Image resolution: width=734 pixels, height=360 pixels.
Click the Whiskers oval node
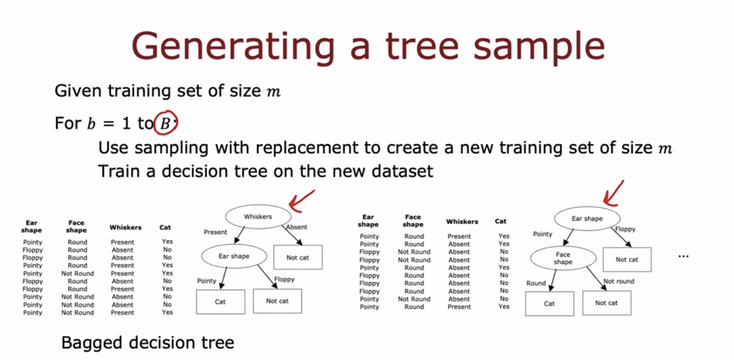click(258, 216)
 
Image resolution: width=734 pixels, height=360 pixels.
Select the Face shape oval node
click(562, 259)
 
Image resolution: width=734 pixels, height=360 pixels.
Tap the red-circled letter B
click(164, 124)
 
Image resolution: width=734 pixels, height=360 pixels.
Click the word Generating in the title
click(233, 47)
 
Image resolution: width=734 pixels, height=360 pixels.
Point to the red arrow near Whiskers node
click(301, 202)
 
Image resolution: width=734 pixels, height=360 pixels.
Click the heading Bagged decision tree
click(148, 342)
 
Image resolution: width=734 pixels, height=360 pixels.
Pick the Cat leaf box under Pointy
click(220, 301)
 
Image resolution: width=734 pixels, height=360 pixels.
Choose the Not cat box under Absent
click(297, 257)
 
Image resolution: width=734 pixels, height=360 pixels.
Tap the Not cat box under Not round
click(606, 303)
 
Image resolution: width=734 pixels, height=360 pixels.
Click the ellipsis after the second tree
click(683, 256)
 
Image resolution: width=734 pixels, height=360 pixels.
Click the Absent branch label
click(297, 227)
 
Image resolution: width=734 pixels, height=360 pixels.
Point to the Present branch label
click(216, 232)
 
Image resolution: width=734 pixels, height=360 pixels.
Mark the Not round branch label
click(619, 281)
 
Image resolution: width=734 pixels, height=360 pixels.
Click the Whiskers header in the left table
click(125, 227)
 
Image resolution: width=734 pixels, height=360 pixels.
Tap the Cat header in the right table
click(501, 221)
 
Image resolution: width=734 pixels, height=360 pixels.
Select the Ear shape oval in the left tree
click(234, 256)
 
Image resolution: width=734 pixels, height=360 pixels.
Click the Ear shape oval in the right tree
click(587, 218)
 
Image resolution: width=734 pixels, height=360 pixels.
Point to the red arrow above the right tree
click(614, 192)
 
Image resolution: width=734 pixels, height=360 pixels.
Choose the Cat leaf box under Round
click(549, 304)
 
